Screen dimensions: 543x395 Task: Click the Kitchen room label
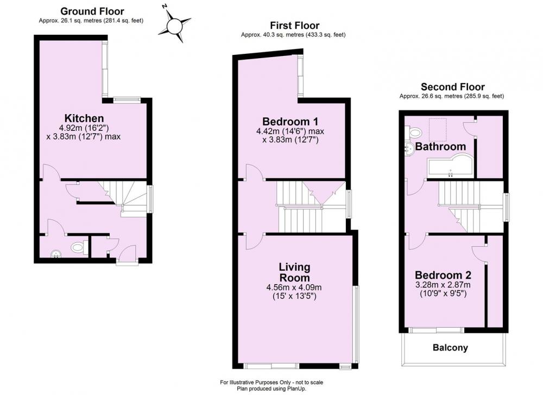click(84, 118)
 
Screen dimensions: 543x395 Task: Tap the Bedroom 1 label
click(290, 121)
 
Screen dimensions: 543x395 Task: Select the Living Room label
click(294, 272)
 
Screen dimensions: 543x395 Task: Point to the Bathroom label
click(440, 147)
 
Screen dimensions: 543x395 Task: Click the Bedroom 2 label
click(443, 275)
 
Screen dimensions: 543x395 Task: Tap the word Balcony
click(450, 348)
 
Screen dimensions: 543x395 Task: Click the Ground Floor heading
click(92, 11)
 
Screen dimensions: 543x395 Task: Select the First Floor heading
click(295, 26)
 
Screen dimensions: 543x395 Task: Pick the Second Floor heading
click(453, 86)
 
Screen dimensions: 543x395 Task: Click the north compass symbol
click(174, 26)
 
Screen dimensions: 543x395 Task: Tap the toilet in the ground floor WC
click(79, 247)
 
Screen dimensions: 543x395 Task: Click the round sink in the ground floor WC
click(55, 255)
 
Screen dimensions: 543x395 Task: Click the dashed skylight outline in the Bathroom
click(438, 130)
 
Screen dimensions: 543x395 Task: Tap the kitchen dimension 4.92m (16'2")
click(84, 128)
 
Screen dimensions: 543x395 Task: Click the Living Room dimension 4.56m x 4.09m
click(294, 287)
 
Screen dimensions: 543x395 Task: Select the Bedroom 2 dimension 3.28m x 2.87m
click(443, 285)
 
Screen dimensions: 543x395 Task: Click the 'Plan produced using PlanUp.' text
click(271, 389)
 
